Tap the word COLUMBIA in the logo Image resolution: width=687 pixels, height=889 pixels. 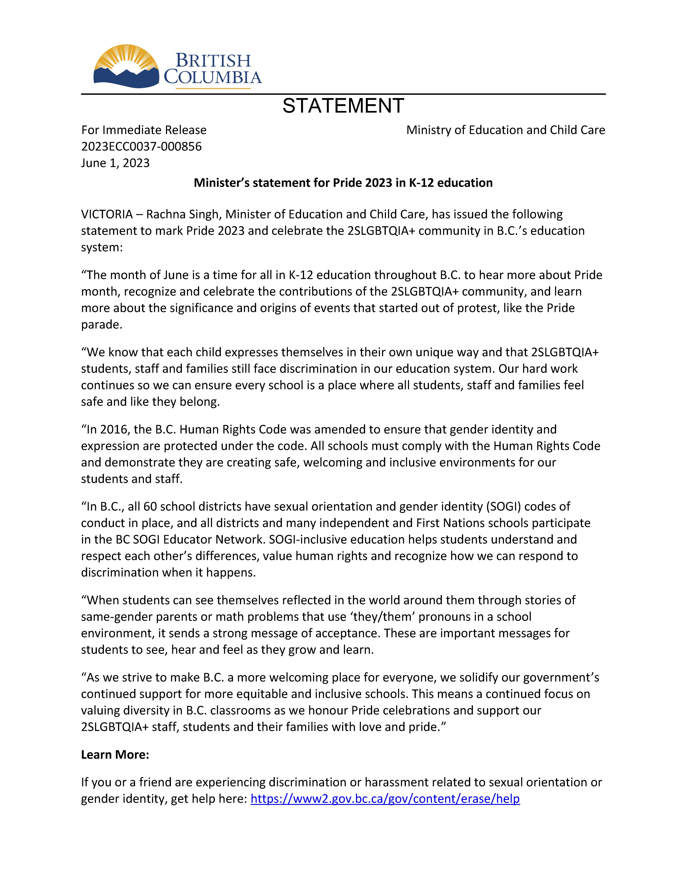(x=212, y=77)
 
